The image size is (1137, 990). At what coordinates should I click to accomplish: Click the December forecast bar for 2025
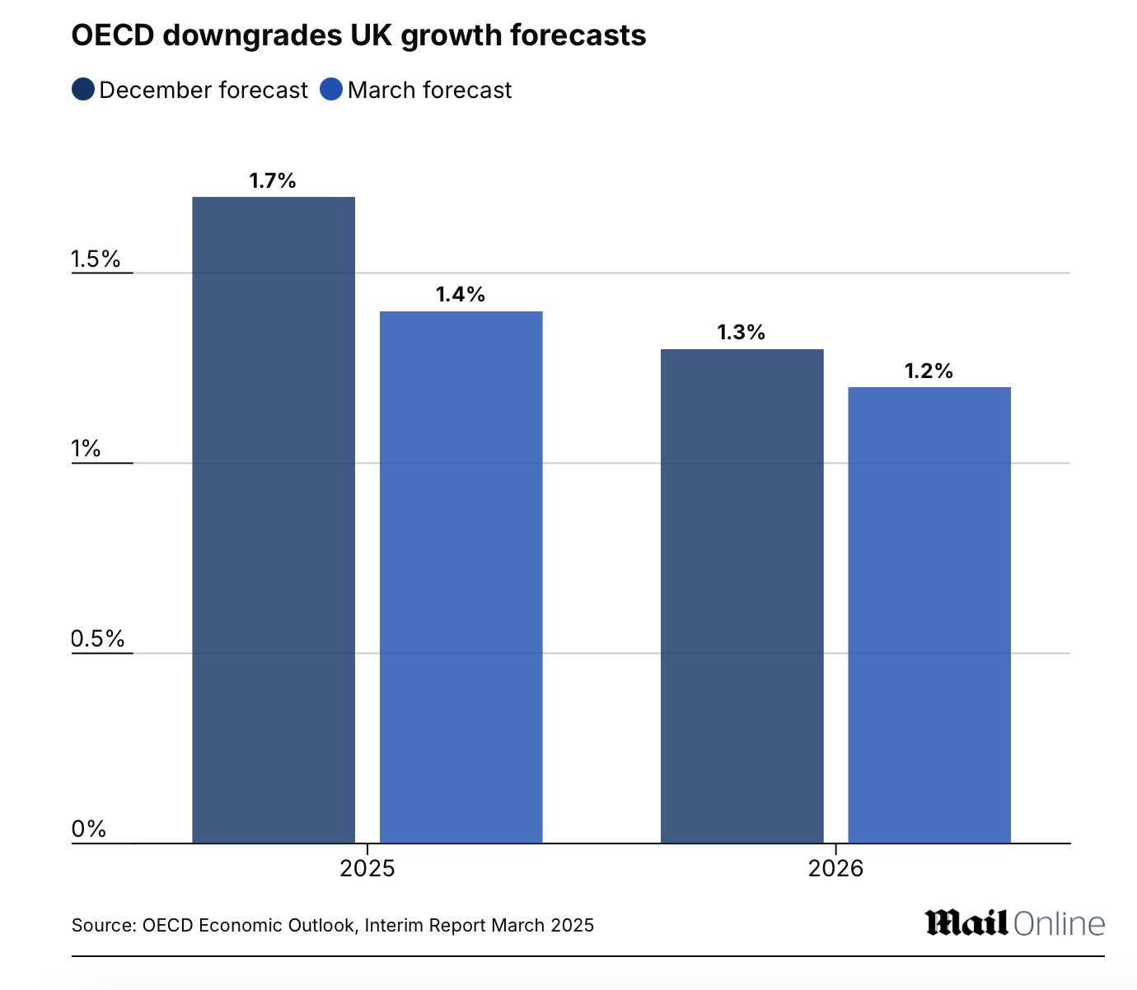[274, 519]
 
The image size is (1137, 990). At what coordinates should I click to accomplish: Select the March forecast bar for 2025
[461, 577]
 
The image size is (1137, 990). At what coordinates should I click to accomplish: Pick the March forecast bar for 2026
[929, 614]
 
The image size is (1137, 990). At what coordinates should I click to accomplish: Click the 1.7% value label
[273, 181]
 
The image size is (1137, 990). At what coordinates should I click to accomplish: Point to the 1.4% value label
[460, 295]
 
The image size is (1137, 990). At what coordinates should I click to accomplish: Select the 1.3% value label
[741, 333]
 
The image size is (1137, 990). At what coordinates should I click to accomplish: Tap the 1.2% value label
[929, 371]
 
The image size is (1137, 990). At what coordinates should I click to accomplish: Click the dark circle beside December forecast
[83, 90]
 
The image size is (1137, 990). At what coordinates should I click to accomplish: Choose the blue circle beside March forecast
[331, 90]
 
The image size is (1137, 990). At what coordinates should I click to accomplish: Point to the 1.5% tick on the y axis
[96, 259]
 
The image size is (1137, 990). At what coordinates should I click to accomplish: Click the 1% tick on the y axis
[86, 449]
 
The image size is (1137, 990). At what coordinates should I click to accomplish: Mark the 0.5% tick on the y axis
[97, 639]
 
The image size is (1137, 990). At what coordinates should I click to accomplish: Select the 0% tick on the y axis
[89, 829]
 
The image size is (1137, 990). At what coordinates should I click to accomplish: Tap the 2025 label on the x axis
[367, 868]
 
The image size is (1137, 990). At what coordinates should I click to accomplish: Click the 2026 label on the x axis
[835, 868]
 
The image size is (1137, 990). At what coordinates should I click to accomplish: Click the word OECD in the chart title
[112, 35]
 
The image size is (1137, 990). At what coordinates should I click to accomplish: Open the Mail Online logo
[1014, 923]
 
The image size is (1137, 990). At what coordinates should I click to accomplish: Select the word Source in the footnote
[102, 926]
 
